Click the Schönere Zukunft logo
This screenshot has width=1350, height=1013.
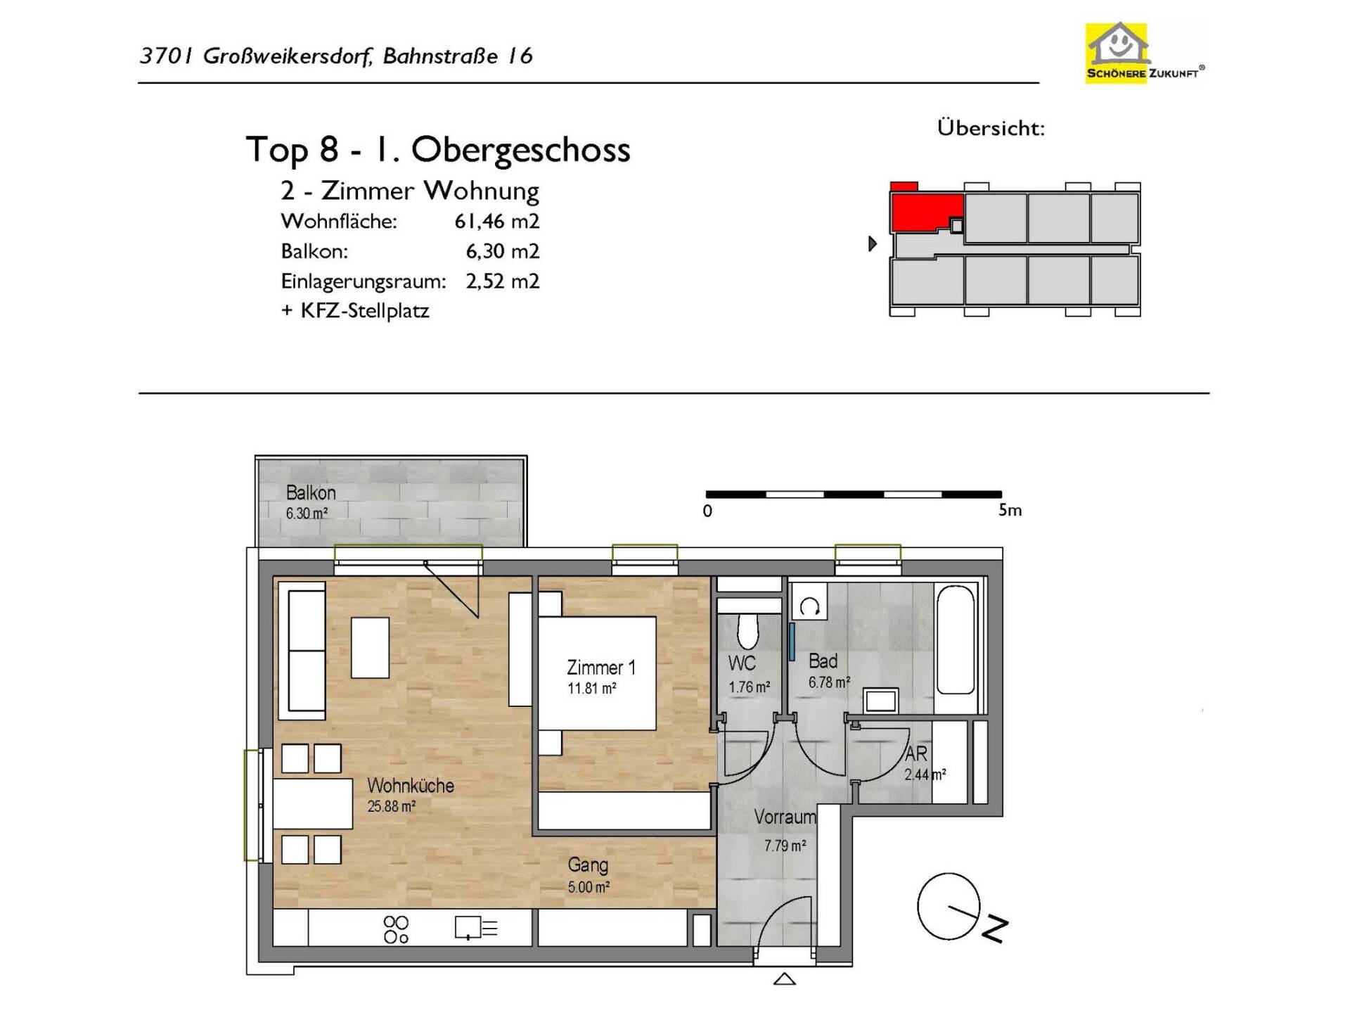click(1145, 53)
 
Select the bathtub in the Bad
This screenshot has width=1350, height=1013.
click(956, 639)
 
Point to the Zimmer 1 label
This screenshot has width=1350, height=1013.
click(601, 668)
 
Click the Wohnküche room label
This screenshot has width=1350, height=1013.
click(411, 785)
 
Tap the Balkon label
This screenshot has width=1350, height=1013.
click(311, 492)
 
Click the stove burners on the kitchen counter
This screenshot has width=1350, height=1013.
click(397, 929)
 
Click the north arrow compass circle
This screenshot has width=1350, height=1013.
click(949, 906)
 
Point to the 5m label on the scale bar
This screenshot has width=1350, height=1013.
click(1010, 510)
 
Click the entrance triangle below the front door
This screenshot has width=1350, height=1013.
click(784, 979)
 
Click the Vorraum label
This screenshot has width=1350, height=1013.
click(785, 817)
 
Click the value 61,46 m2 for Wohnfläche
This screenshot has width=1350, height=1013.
click(496, 222)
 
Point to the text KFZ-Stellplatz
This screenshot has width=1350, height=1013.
click(365, 311)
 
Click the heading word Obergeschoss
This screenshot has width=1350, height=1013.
click(520, 150)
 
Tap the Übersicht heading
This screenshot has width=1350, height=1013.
click(991, 128)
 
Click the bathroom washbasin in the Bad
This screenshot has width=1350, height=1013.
click(881, 701)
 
